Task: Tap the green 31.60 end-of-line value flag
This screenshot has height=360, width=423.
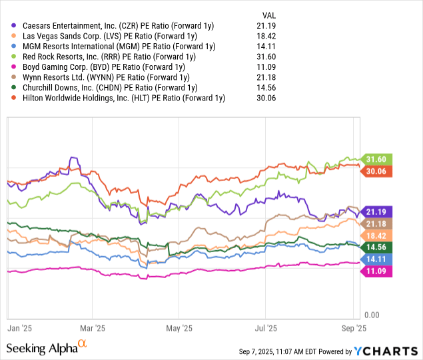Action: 377,159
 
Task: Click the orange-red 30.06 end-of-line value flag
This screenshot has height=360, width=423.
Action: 377,171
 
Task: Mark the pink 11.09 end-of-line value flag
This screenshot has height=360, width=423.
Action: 377,271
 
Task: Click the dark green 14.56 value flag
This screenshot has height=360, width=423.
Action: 377,246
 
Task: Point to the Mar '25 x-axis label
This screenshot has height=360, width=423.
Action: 93,328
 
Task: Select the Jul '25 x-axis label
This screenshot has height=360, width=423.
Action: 266,328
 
